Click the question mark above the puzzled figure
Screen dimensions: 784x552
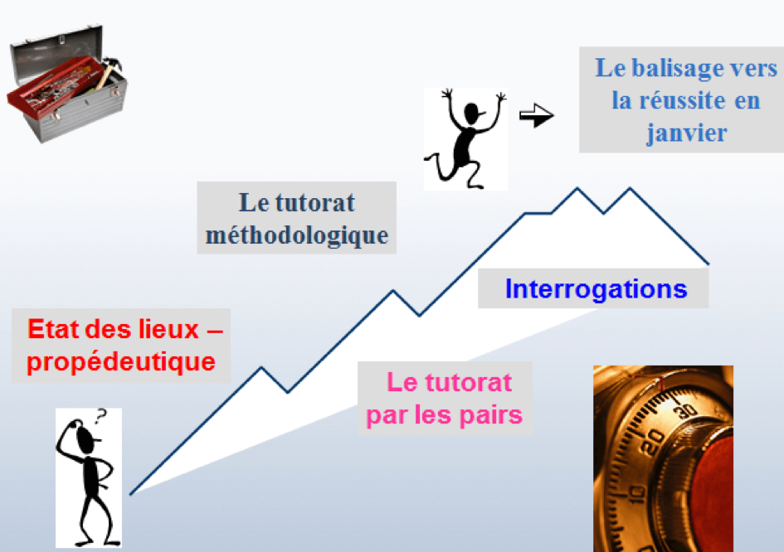(101, 415)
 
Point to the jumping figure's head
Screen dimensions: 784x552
(473, 113)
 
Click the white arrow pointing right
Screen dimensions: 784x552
(537, 115)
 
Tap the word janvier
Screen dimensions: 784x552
(686, 133)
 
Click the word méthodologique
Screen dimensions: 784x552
(297, 235)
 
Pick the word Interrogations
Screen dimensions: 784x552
(596, 288)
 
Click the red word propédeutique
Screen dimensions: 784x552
(121, 362)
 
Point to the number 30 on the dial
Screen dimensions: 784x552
(685, 410)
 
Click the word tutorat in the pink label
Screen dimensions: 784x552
(449, 383)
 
